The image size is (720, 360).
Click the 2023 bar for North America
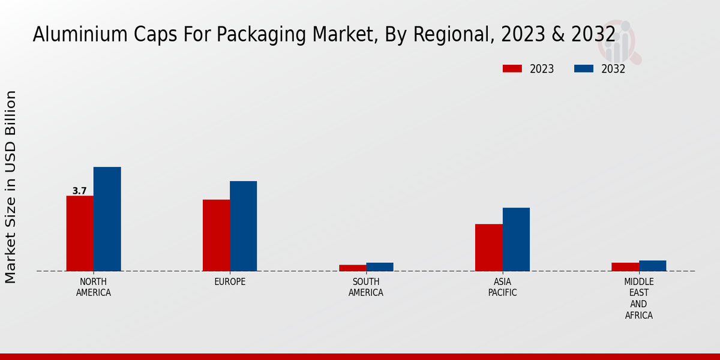click(80, 233)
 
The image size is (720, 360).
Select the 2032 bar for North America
click(107, 219)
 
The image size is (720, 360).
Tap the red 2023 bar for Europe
click(216, 235)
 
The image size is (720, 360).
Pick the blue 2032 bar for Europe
click(243, 226)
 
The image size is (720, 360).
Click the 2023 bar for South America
click(352, 268)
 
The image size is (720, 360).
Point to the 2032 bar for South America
click(380, 267)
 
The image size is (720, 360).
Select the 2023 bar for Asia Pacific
click(488, 247)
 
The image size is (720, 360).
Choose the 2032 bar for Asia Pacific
click(516, 239)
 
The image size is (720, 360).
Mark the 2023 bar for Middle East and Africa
click(625, 267)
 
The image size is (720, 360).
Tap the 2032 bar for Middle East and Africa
click(652, 266)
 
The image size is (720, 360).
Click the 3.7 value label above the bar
click(80, 191)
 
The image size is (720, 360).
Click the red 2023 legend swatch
click(512, 69)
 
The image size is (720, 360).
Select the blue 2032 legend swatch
click(583, 69)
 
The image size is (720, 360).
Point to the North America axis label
click(94, 287)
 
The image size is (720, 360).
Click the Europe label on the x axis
click(230, 282)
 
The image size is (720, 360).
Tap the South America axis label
click(366, 287)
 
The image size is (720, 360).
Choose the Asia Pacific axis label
click(502, 287)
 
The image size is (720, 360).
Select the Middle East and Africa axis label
click(638, 298)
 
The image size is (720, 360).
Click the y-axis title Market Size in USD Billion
click(11, 187)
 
